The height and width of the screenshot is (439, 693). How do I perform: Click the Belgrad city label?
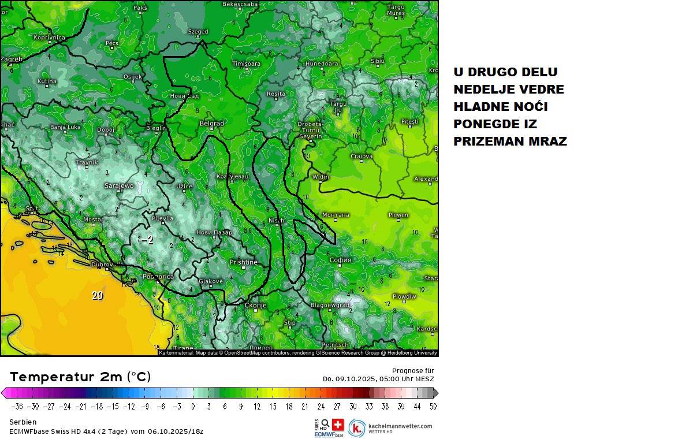click(x=211, y=124)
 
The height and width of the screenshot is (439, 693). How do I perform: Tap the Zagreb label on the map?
click(x=11, y=59)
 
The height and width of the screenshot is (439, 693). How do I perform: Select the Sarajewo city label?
click(x=119, y=186)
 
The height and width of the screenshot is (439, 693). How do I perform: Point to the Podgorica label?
click(x=158, y=277)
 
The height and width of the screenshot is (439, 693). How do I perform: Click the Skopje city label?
click(x=255, y=305)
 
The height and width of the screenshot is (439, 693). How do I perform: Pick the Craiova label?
click(x=362, y=156)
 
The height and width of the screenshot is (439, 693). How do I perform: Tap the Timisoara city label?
click(x=246, y=64)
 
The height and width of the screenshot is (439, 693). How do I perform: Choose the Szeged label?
click(x=198, y=32)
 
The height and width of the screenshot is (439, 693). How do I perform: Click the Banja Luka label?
click(x=65, y=127)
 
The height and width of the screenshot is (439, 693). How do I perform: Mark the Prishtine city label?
click(x=243, y=262)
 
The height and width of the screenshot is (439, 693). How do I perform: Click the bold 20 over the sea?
click(x=98, y=295)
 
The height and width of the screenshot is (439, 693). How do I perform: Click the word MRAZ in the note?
click(x=548, y=142)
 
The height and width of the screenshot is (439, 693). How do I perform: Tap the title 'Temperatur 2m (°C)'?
click(x=80, y=377)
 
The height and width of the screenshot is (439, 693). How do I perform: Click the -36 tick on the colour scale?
click(x=17, y=407)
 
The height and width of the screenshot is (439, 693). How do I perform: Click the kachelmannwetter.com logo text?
click(x=400, y=426)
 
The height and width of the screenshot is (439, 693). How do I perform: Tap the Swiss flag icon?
click(x=338, y=423)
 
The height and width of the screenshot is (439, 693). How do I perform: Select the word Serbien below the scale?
click(x=23, y=422)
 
